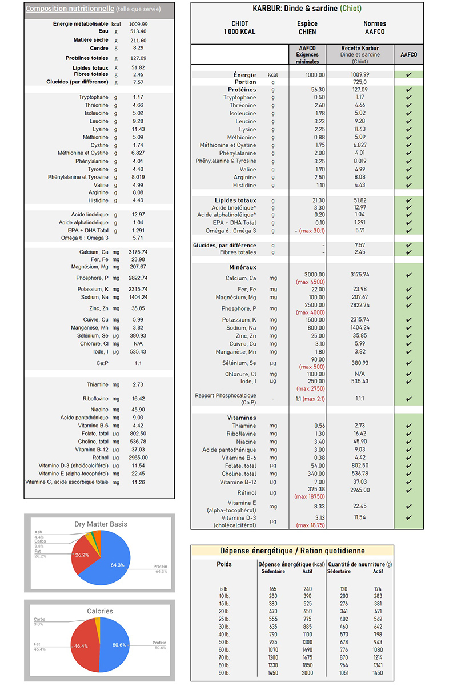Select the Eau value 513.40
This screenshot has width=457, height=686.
[x=138, y=31]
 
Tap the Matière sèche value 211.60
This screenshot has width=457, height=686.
[x=138, y=41]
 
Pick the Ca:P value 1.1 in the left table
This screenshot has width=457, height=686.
[x=138, y=363]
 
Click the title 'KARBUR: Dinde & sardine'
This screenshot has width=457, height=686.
[x=295, y=9]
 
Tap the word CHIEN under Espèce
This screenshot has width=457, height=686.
[x=307, y=32]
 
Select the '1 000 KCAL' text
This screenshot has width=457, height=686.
[x=239, y=32]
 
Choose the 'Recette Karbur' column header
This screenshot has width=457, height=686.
[x=359, y=49]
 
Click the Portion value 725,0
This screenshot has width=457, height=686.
[x=359, y=82]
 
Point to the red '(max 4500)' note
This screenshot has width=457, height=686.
[x=310, y=282]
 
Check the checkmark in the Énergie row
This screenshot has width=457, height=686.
[x=408, y=75]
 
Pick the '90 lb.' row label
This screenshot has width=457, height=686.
[x=225, y=672]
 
